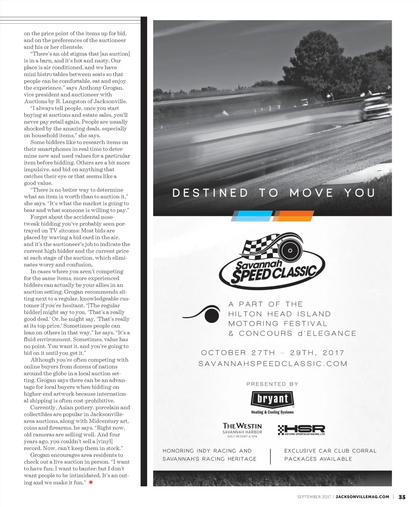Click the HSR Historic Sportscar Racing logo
[x=301, y=430]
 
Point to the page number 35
[x=402, y=497]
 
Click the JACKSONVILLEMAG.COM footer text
[x=362, y=497]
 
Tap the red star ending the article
[x=91, y=483]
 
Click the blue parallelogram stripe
[x=252, y=216]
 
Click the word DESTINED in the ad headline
[x=210, y=193]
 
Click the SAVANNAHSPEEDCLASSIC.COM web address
[x=273, y=364]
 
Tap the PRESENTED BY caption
[x=272, y=384]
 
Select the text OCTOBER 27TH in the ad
[x=238, y=353]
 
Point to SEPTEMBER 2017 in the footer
[x=313, y=497]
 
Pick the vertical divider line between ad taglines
[x=271, y=455]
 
